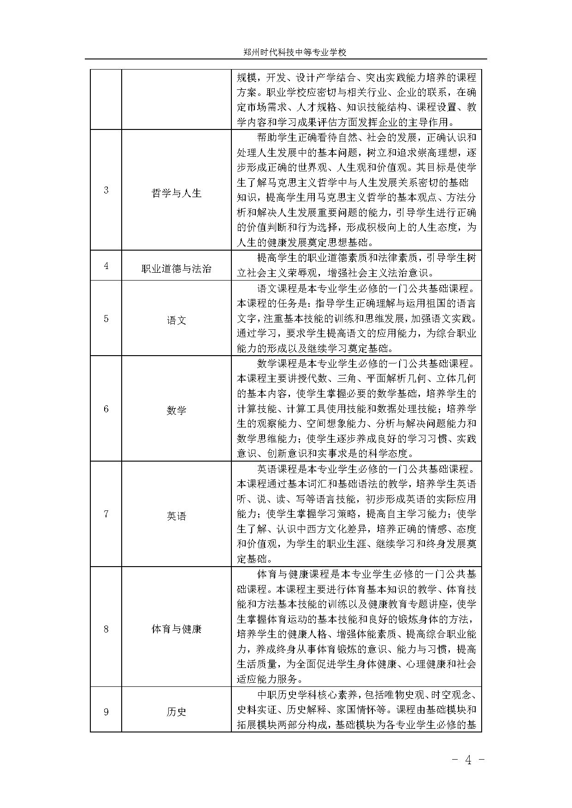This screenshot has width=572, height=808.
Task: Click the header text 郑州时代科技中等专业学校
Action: (295, 53)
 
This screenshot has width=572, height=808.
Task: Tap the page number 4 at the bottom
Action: (468, 760)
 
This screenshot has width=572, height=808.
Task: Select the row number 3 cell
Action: (106, 190)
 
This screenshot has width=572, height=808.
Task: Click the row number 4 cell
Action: (106, 266)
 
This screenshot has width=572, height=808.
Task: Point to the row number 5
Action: (106, 318)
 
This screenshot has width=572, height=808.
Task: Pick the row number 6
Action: (106, 409)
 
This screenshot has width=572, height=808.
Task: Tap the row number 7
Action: (106, 514)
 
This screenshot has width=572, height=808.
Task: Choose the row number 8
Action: (106, 628)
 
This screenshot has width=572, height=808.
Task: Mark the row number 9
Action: (106, 712)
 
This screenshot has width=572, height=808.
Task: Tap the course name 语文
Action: (177, 320)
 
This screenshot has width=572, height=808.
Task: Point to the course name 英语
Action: (177, 516)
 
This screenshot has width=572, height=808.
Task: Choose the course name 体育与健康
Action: (177, 629)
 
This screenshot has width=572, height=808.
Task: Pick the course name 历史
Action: (177, 712)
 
